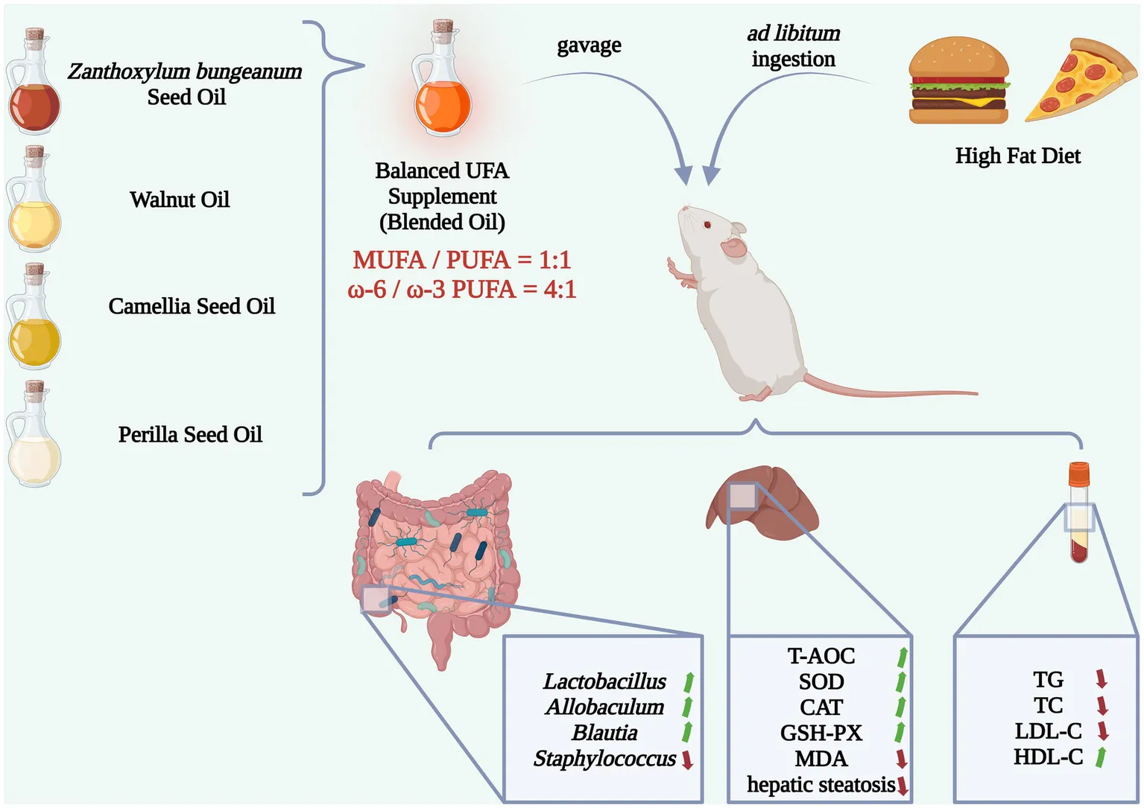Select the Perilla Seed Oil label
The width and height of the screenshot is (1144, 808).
(190, 435)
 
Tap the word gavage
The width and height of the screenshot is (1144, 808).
(589, 45)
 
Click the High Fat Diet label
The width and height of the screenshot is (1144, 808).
(1017, 156)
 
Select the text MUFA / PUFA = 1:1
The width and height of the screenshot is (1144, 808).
(461, 260)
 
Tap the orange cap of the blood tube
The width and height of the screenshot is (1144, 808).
(1078, 472)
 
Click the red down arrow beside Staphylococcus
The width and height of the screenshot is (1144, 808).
(687, 760)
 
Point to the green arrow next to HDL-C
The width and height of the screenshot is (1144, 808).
(1101, 757)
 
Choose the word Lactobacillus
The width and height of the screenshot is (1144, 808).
(604, 681)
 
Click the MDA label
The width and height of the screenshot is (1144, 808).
(821, 759)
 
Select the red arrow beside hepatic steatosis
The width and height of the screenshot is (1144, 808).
(903, 786)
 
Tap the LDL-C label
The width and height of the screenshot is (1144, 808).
(1048, 731)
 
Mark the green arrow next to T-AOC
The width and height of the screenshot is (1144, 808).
(903, 656)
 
